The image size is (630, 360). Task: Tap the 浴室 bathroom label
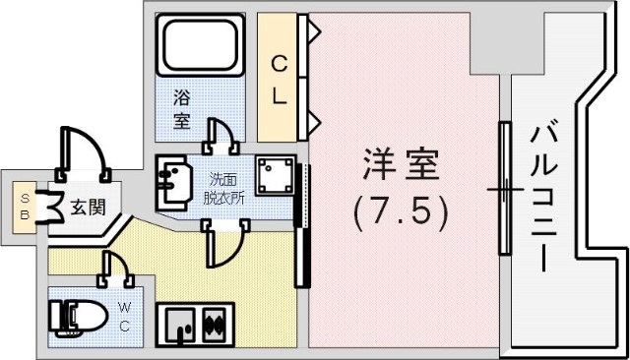click(x=182, y=108)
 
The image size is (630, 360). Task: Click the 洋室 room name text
click(x=399, y=165)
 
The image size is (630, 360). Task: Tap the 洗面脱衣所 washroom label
click(x=222, y=187)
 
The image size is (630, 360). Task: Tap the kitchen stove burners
click(x=217, y=322)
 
